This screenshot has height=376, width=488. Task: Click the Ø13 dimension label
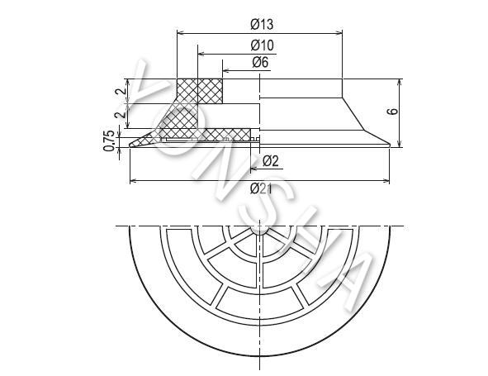262,24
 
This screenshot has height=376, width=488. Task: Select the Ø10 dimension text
262,45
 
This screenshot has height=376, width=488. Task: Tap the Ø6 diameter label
260,62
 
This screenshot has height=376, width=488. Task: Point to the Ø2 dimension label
271,161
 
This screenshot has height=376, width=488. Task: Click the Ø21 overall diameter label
261,188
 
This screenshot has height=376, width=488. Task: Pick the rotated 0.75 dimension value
109,140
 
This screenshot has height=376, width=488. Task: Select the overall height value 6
393,112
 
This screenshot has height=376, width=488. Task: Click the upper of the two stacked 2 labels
121,91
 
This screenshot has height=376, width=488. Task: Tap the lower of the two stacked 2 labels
121,115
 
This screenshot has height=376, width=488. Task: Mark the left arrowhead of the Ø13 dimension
180,33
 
